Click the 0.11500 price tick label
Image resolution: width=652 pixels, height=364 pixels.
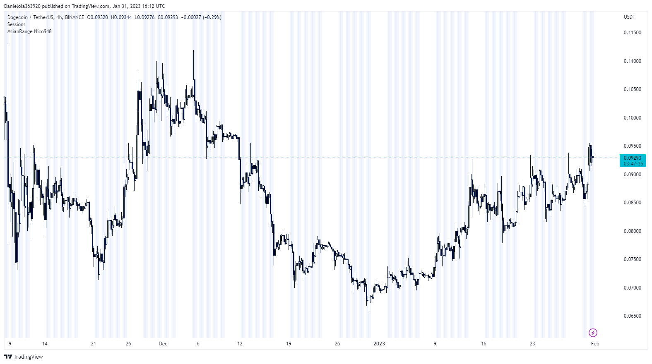click(632, 33)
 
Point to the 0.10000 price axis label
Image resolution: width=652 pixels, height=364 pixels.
click(632, 118)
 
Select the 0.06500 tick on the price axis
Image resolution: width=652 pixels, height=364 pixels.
click(632, 316)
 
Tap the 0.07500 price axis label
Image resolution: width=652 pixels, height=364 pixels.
click(632, 259)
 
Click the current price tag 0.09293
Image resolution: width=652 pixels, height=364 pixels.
click(633, 158)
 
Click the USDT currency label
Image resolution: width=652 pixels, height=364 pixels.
click(629, 17)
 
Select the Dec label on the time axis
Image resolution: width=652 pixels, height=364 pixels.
click(163, 344)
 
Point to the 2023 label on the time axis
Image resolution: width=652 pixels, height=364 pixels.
click(379, 344)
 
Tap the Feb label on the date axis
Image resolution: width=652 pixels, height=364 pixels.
click(595, 344)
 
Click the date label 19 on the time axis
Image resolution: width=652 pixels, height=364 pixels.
click(289, 344)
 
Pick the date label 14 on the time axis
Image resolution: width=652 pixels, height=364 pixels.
click(45, 344)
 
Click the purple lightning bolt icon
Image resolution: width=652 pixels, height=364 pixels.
click(593, 333)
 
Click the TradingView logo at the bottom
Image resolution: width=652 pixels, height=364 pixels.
click(24, 357)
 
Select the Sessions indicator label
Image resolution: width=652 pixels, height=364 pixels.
click(17, 24)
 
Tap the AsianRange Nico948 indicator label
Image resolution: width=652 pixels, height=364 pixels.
click(29, 31)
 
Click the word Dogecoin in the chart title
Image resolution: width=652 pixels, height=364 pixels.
click(17, 17)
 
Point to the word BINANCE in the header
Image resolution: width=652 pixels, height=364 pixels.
click(75, 17)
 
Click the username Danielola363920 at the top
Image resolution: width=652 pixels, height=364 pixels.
click(22, 6)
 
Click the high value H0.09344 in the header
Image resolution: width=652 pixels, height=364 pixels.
click(121, 17)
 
